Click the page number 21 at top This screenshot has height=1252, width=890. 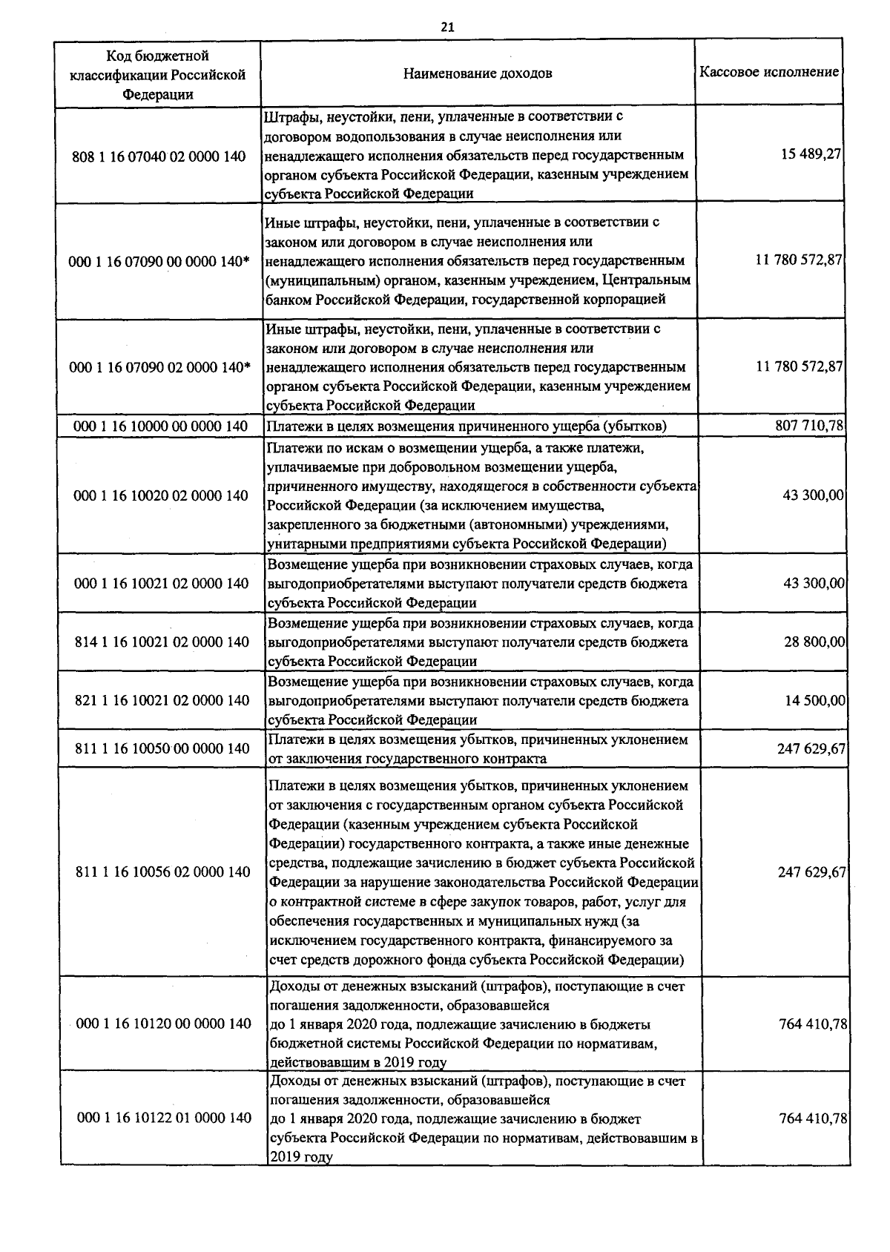(x=446, y=27)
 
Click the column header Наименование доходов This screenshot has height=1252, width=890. (x=478, y=73)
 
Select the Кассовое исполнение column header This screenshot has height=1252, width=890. (x=769, y=73)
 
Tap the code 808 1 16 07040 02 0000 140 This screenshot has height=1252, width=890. (x=159, y=156)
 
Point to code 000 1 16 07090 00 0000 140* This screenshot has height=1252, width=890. (x=159, y=262)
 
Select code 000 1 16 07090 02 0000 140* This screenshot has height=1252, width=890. (x=159, y=368)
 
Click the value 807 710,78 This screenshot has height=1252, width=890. (x=809, y=425)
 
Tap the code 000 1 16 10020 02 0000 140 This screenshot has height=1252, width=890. (x=161, y=495)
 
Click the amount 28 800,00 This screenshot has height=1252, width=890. (x=814, y=642)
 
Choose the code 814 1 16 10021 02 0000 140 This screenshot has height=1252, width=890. (x=162, y=642)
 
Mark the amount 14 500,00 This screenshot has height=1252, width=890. (x=815, y=700)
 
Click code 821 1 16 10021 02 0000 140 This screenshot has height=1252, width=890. (x=162, y=701)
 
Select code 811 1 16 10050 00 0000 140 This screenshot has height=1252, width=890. (x=162, y=749)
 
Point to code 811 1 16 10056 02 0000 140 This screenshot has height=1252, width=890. (x=163, y=872)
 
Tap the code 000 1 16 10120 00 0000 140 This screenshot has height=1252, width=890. (x=163, y=1024)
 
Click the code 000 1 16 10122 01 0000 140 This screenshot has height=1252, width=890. (x=164, y=1118)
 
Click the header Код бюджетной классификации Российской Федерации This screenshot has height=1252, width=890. (x=157, y=74)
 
